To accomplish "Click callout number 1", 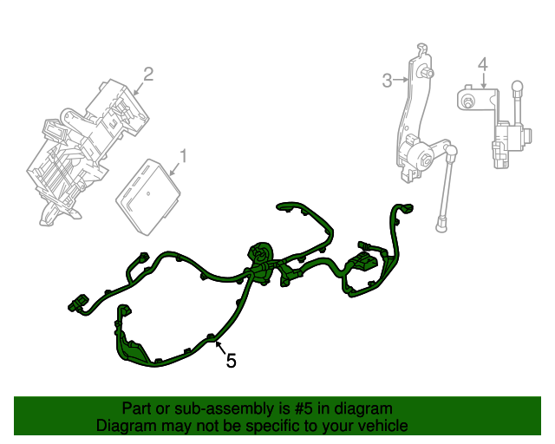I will click(183, 156).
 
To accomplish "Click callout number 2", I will click(148, 75).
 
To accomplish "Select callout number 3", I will click(387, 81).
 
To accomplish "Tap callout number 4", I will click(483, 63).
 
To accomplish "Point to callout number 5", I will click(231, 360).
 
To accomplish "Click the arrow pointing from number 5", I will click(219, 348).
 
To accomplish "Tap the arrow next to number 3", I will click(402, 81).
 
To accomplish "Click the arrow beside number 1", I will click(174, 170).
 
